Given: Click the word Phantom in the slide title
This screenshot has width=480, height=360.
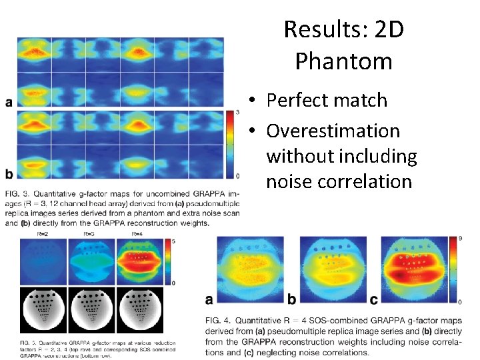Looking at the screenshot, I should point(343,61).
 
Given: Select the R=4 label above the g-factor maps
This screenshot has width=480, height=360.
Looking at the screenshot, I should point(136,235).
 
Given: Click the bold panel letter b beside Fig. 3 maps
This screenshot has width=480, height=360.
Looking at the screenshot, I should point(9,175).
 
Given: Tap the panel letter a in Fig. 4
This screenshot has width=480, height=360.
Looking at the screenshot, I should point(209,299).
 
